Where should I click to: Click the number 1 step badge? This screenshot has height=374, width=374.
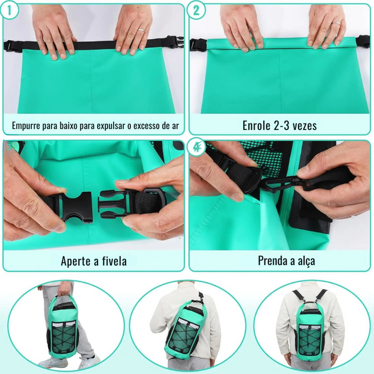[9, 10]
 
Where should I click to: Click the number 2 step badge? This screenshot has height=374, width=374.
[196, 10]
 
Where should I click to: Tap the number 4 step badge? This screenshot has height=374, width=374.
[196, 147]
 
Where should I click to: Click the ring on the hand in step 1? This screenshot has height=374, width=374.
[141, 30]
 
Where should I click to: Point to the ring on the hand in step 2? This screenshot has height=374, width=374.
[337, 23]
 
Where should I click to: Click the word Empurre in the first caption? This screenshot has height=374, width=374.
[26, 126]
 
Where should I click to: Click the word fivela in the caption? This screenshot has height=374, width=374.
[114, 261]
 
